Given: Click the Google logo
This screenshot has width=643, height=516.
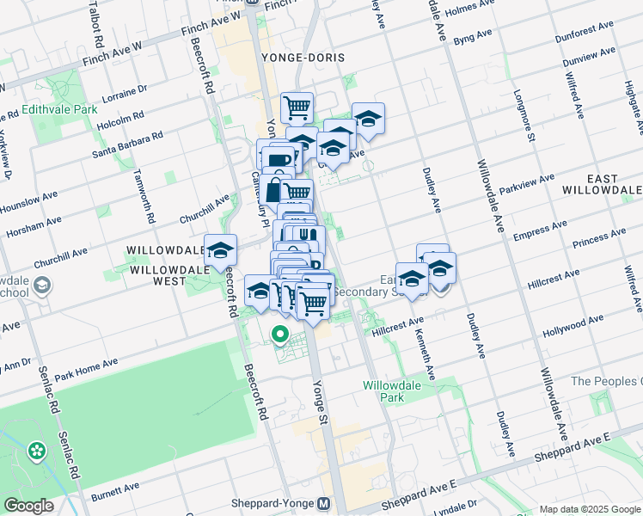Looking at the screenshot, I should (x=28, y=506).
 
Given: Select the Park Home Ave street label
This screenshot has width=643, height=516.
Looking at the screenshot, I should (x=86, y=371).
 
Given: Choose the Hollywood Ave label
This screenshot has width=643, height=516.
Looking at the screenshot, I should (x=573, y=324).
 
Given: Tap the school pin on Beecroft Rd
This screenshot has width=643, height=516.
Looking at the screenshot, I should (x=220, y=250).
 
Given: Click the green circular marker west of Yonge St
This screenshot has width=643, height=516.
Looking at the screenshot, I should (x=280, y=334).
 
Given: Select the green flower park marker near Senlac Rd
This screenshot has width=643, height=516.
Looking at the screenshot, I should (x=36, y=450).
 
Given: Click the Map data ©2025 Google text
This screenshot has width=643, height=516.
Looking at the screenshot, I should (x=589, y=508).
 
